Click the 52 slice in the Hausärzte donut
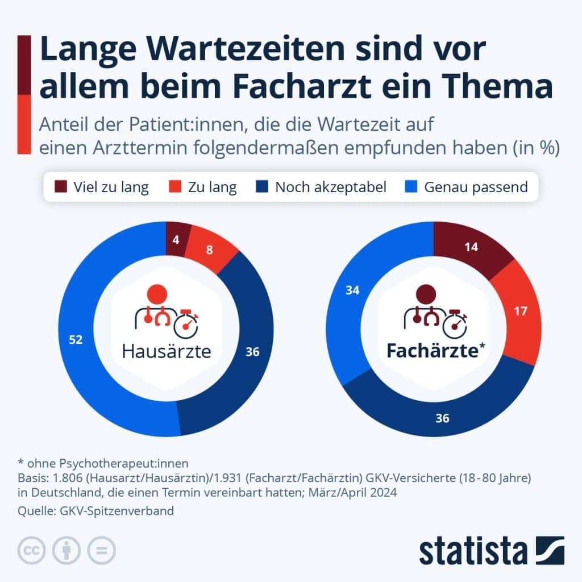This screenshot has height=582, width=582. (x=76, y=340)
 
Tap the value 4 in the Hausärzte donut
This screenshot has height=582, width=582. (x=176, y=239)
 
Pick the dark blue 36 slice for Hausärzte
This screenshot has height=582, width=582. (x=252, y=352)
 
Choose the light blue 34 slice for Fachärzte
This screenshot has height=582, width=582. (x=352, y=290)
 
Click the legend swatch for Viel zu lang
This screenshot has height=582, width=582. (x=61, y=186)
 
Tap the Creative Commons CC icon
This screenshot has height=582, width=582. (x=32, y=550)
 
